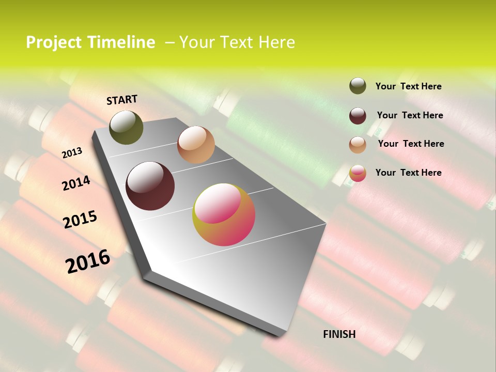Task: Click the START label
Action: pyautogui.click(x=122, y=100)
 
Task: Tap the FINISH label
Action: pyautogui.click(x=339, y=334)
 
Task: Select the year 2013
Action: pyautogui.click(x=72, y=153)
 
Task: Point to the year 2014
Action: pyautogui.click(x=76, y=183)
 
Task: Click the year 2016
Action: pyautogui.click(x=88, y=261)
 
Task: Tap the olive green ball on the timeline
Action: pyautogui.click(x=126, y=127)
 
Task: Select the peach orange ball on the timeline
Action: pyautogui.click(x=196, y=145)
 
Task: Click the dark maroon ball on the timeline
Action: pyautogui.click(x=150, y=186)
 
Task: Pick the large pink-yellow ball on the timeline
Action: pyautogui.click(x=224, y=214)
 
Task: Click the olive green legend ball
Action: pyautogui.click(x=358, y=86)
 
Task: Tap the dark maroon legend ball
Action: pyautogui.click(x=358, y=115)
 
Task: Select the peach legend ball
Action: pyautogui.click(x=358, y=144)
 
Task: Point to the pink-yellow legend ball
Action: pyautogui.click(x=358, y=173)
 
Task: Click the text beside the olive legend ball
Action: pyautogui.click(x=408, y=86)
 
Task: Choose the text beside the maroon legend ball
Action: pyautogui.click(x=410, y=115)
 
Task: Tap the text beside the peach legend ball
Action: pyautogui.click(x=411, y=144)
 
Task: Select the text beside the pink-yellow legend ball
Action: pyautogui.click(x=408, y=173)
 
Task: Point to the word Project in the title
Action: pyautogui.click(x=53, y=42)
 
